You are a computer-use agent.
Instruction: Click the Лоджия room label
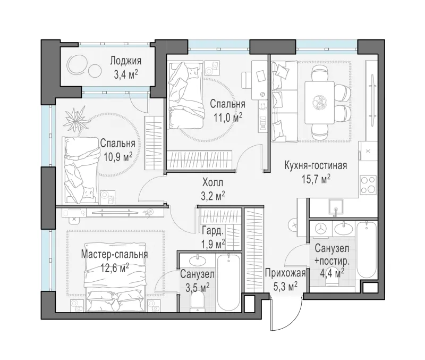(126, 61)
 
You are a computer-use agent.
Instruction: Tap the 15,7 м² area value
(316, 179)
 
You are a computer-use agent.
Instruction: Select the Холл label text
(213, 182)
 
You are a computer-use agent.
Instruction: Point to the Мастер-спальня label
(114, 255)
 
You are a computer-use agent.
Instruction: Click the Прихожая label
(285, 273)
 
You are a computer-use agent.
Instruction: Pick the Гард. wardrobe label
(213, 231)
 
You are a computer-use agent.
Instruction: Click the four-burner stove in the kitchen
(368, 185)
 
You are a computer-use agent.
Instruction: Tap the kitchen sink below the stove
(336, 207)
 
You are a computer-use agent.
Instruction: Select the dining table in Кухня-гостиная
(319, 103)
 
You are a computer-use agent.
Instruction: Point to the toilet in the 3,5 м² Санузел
(198, 303)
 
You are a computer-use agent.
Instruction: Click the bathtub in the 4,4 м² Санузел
(367, 250)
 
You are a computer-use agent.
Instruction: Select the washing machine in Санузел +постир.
(321, 228)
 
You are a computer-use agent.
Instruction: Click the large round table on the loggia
(76, 64)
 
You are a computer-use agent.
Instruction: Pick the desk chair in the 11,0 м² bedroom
(246, 80)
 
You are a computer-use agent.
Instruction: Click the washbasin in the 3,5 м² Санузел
(197, 261)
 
